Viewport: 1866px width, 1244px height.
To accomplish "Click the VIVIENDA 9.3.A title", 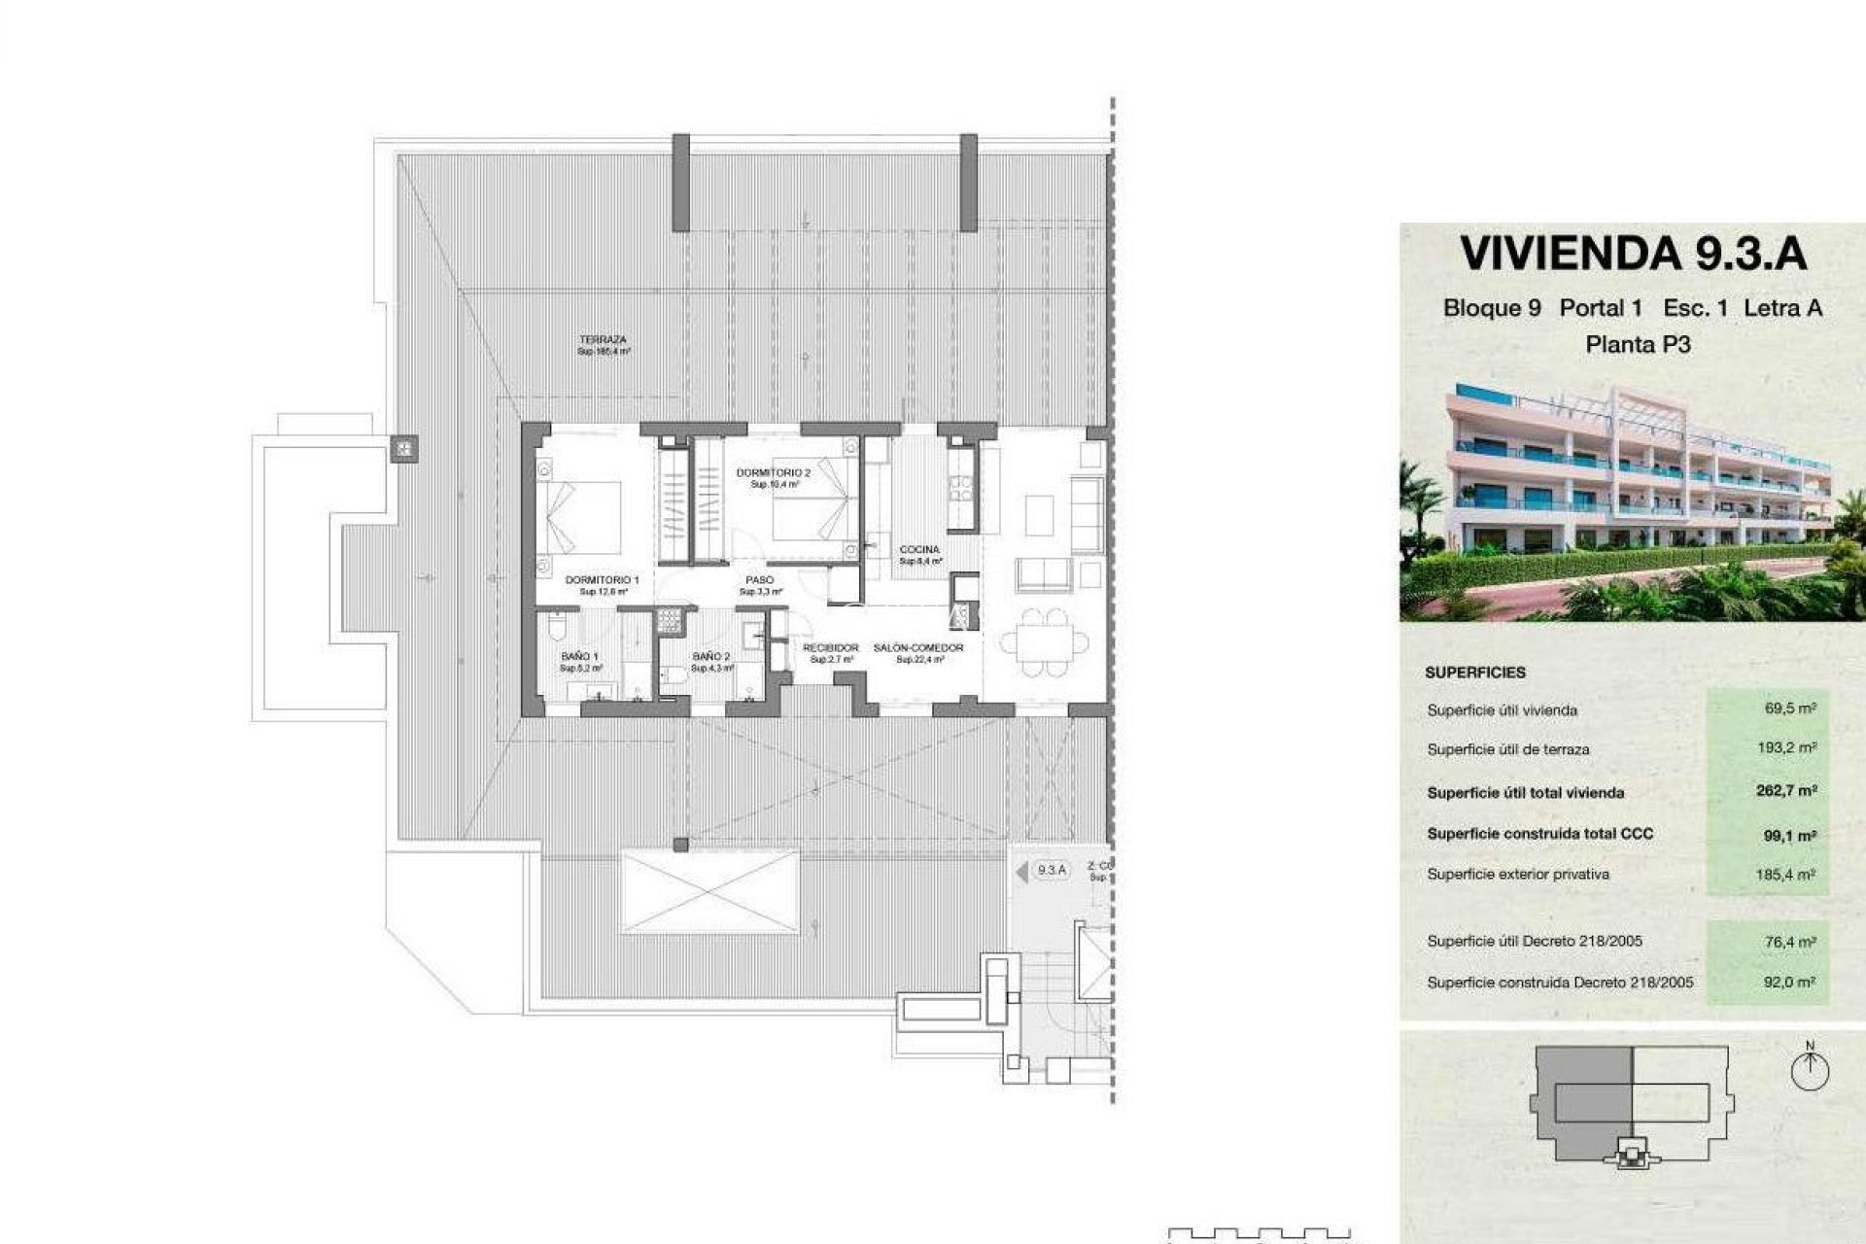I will coord(1634,254).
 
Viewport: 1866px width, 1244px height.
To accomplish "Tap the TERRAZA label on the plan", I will coord(604,340).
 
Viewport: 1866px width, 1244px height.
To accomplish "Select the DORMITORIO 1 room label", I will coord(602,580).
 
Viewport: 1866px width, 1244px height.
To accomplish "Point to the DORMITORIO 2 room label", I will coord(774,473).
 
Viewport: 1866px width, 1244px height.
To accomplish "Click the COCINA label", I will coord(919,550).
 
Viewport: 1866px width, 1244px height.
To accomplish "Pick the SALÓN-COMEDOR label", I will coord(918,648).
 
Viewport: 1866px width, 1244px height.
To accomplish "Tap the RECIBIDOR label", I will coord(831,648).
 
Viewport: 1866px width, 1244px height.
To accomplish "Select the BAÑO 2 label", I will coord(711,657).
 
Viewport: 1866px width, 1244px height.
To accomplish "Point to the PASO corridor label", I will coord(759,580).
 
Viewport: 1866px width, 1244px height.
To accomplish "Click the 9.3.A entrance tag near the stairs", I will coord(1051,871).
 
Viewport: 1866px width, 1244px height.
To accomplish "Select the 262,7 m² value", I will coord(1785,791).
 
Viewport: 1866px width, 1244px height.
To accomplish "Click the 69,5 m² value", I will coord(1790,708).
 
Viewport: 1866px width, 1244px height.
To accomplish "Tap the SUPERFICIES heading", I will coord(1475,673).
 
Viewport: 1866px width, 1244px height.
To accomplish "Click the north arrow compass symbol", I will coord(1810,1071).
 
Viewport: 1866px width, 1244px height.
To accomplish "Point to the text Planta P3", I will coord(1638,344).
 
